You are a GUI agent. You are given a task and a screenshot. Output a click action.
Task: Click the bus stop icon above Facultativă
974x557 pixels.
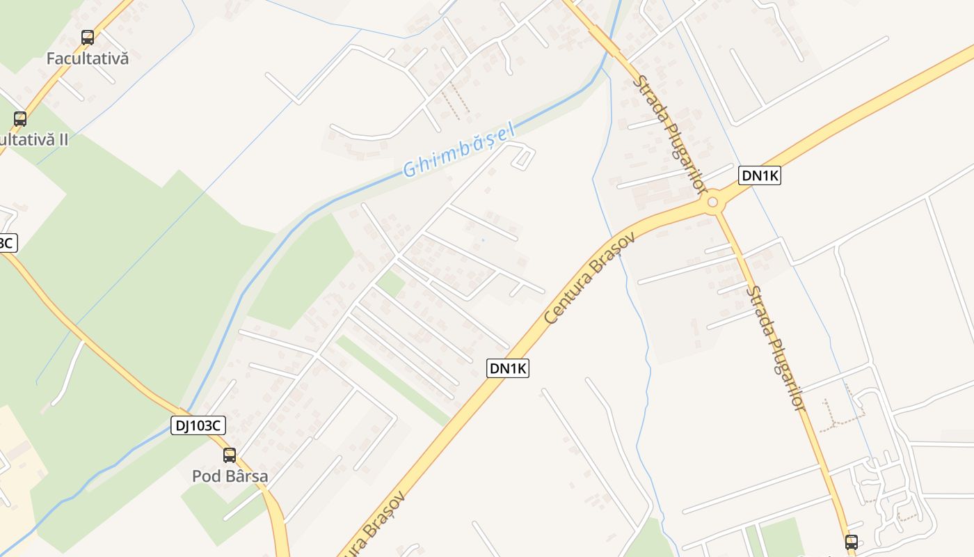tap(88, 38)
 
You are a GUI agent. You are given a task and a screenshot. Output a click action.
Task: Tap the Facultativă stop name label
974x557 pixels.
tap(88, 58)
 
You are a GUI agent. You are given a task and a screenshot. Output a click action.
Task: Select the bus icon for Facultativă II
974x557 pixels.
tap(20, 119)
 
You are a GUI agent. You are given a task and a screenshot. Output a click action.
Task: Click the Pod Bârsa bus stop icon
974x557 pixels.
tap(230, 455)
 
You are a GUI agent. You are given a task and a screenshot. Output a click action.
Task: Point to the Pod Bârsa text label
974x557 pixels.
tap(230, 476)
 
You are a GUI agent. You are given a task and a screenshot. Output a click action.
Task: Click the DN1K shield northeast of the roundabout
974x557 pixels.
tap(760, 176)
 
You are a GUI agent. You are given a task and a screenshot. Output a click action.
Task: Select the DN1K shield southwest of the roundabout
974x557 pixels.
tap(508, 368)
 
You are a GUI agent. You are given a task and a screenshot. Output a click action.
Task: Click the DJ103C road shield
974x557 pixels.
tap(198, 425)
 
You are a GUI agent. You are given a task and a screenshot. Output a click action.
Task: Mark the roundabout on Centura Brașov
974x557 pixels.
tap(712, 203)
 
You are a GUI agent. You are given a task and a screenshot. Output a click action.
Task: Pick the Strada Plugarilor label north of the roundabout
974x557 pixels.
tap(669, 132)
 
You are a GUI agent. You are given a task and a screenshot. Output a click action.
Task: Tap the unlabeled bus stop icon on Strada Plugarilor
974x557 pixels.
tap(852, 542)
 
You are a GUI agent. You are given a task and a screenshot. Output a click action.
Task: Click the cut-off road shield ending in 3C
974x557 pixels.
tap(6, 243)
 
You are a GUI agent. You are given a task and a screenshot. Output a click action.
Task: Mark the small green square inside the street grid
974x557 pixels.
tap(390, 283)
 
